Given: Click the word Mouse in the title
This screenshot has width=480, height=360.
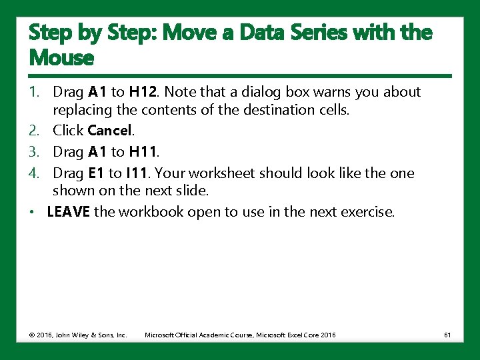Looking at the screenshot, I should (61, 58).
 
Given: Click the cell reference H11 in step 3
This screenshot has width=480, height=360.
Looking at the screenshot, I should (143, 153).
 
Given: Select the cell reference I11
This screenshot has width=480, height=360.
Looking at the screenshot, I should (139, 173).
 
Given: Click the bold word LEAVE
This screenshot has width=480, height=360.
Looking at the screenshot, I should (69, 213).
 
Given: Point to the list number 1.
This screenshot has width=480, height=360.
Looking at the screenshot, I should (33, 92).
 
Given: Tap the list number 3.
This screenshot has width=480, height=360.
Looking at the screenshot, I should (33, 153).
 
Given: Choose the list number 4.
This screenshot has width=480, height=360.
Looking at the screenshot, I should (33, 173).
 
